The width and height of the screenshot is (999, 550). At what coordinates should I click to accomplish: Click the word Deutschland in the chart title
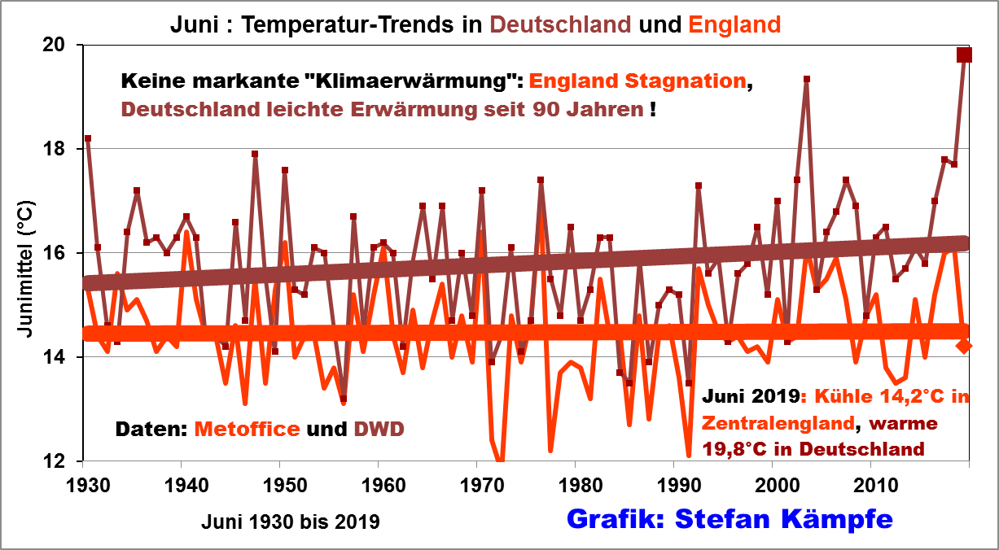click(559, 24)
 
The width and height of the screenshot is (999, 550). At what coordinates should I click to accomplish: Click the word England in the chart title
click(734, 24)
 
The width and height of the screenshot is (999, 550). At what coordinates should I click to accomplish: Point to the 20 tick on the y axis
click(64, 45)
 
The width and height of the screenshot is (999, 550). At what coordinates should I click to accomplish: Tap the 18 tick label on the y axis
click(64, 149)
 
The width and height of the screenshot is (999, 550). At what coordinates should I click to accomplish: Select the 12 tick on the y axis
click(64, 461)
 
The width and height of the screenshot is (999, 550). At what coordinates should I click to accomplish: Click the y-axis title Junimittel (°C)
click(25, 277)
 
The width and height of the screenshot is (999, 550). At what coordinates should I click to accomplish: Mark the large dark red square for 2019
click(965, 55)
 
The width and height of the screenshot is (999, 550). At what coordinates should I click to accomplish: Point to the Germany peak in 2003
click(806, 79)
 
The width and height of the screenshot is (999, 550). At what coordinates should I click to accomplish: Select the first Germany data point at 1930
click(88, 138)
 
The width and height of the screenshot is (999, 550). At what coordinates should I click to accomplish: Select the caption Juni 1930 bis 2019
click(291, 521)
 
